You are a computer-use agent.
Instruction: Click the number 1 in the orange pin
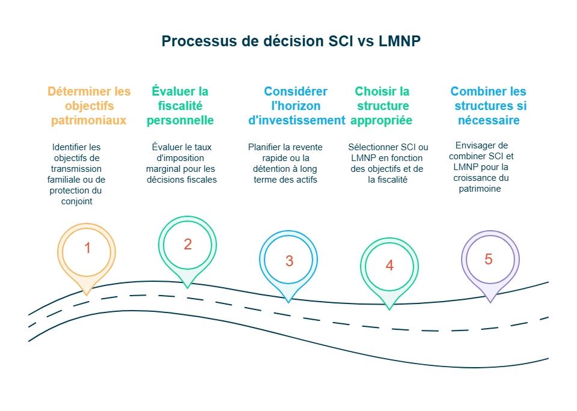pyautogui.click(x=88, y=248)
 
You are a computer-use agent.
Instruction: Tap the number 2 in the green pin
pyautogui.click(x=188, y=244)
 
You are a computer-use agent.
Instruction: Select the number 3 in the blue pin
pyautogui.click(x=289, y=261)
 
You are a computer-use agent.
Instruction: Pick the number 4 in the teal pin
pyautogui.click(x=389, y=266)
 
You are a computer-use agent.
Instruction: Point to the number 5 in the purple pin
pyautogui.click(x=488, y=259)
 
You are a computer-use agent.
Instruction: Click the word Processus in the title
pyautogui.click(x=194, y=41)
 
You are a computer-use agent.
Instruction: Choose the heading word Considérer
pyautogui.click(x=296, y=92)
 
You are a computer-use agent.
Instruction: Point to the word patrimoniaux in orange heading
pyautogui.click(x=88, y=120)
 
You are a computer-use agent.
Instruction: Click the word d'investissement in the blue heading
pyautogui.click(x=297, y=120)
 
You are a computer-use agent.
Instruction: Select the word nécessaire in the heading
pyautogui.click(x=487, y=120)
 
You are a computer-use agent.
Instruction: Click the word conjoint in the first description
pyautogui.click(x=76, y=201)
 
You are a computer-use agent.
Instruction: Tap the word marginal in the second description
pyautogui.click(x=162, y=169)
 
